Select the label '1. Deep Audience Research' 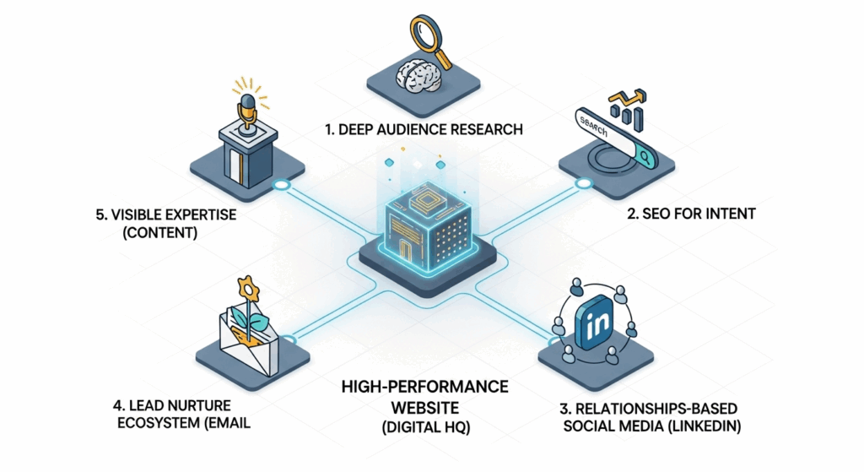(424, 129)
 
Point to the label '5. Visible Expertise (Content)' (166, 223)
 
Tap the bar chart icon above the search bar (627, 111)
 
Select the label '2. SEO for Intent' (691, 214)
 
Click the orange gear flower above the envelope (248, 289)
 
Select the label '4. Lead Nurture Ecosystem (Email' (183, 414)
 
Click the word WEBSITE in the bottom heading (425, 408)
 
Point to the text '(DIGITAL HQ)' (426, 427)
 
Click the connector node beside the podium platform (282, 185)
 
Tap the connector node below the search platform (583, 183)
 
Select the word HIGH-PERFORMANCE (425, 387)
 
